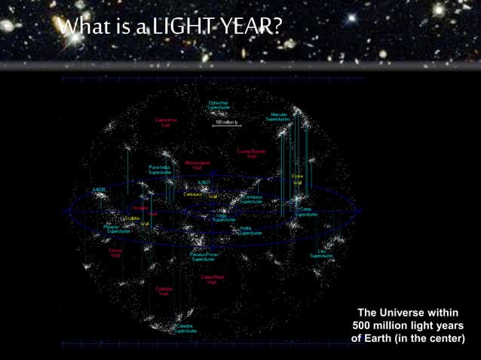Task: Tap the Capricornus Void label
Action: tap(166, 122)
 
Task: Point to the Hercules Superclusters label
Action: tap(278, 117)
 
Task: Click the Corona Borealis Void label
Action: tap(251, 154)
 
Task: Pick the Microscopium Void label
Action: tap(198, 164)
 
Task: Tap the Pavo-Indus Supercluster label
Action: tap(160, 169)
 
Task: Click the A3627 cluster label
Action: tap(204, 182)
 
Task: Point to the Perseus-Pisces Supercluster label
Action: tap(204, 256)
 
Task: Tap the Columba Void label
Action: tap(164, 291)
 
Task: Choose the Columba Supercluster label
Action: tap(186, 328)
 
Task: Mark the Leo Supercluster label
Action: tap(322, 253)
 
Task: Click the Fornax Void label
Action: tap(115, 252)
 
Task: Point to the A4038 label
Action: tap(99, 190)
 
